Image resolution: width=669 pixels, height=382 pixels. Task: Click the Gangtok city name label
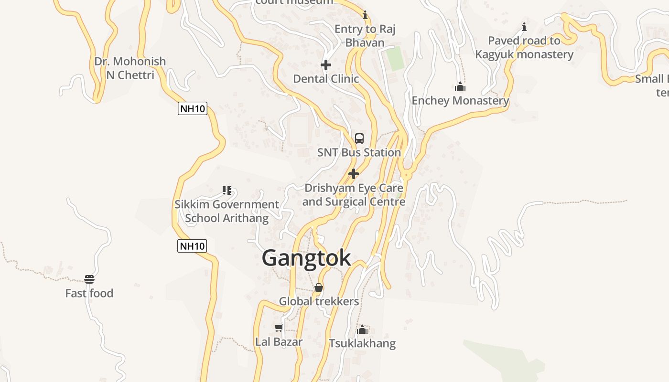pyautogui.click(x=306, y=258)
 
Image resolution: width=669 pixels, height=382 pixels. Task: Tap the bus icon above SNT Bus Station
pyautogui.click(x=359, y=138)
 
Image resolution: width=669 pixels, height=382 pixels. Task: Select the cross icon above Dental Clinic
pyautogui.click(x=326, y=65)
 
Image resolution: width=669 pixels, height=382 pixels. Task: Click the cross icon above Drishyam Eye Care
pyautogui.click(x=354, y=174)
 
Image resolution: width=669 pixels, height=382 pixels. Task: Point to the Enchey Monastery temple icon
pyautogui.click(x=460, y=86)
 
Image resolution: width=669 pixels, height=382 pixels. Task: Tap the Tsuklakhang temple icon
pyautogui.click(x=362, y=329)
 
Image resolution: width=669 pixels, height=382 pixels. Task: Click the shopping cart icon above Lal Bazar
pyautogui.click(x=279, y=328)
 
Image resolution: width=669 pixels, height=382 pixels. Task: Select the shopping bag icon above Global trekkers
pyautogui.click(x=319, y=287)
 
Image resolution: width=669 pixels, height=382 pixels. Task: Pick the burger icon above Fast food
pyautogui.click(x=89, y=279)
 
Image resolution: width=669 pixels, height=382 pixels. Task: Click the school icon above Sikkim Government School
pyautogui.click(x=227, y=191)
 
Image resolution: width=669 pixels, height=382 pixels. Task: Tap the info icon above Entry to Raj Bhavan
pyautogui.click(x=365, y=15)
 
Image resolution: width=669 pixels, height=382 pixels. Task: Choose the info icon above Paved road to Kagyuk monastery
pyautogui.click(x=524, y=27)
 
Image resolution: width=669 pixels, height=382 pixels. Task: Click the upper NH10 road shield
pyautogui.click(x=193, y=109)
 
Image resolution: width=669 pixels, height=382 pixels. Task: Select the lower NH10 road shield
pyautogui.click(x=192, y=246)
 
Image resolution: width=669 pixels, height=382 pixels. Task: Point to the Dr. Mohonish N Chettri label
pyautogui.click(x=130, y=68)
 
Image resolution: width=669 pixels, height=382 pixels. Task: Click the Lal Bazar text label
pyautogui.click(x=279, y=342)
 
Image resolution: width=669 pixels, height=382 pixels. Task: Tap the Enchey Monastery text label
pyautogui.click(x=460, y=101)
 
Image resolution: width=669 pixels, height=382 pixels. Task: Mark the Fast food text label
pyautogui.click(x=89, y=293)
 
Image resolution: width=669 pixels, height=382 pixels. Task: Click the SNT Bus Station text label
pyautogui.click(x=359, y=153)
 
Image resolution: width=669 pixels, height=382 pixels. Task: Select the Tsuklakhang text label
pyautogui.click(x=362, y=343)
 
